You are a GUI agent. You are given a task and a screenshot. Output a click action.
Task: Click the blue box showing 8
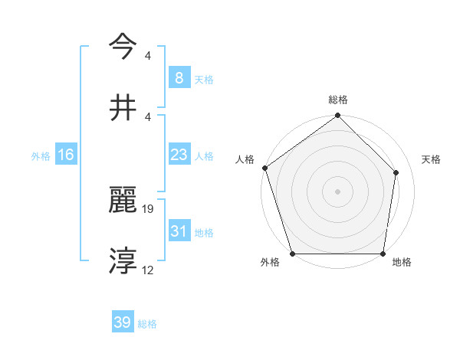point(179,77)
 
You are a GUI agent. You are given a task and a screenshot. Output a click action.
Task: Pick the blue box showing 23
point(179,155)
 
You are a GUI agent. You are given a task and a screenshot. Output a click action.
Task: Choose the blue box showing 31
point(179,231)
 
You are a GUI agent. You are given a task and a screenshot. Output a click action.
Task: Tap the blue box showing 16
point(66,155)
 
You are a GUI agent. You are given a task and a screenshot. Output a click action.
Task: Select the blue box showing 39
point(123,322)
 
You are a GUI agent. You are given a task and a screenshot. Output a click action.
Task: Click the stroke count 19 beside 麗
point(149,208)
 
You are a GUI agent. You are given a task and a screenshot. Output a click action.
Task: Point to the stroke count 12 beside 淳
point(149,270)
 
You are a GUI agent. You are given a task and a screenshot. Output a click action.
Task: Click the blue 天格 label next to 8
point(204,79)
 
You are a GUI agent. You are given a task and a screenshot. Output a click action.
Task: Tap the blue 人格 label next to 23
point(204,156)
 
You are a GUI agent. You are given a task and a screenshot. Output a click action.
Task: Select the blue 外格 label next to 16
point(41,156)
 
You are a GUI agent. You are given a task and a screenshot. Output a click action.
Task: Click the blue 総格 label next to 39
point(147,324)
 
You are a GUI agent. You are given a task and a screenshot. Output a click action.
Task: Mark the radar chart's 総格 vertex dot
point(337,116)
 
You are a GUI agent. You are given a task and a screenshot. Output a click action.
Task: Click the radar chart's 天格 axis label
point(431,159)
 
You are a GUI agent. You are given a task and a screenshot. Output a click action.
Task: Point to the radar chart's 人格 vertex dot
point(264,169)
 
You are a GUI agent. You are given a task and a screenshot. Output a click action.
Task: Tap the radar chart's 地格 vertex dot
point(383,254)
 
